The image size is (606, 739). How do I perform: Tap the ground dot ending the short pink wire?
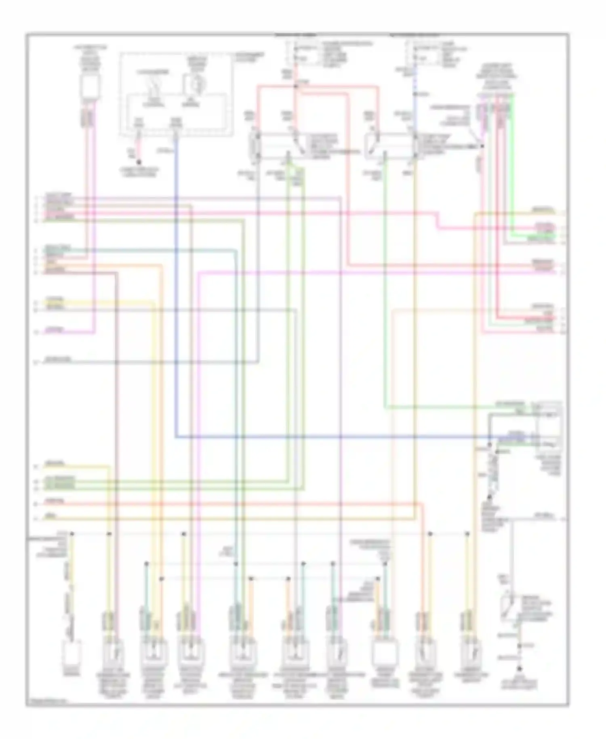139,163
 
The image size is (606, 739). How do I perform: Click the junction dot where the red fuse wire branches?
296,86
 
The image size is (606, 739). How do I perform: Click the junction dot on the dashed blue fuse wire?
415,94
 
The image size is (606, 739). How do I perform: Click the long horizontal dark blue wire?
323,437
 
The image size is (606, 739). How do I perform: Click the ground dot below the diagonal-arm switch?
519,668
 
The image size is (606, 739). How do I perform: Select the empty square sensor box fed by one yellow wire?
72,652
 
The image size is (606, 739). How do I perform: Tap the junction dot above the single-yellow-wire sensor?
72,534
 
